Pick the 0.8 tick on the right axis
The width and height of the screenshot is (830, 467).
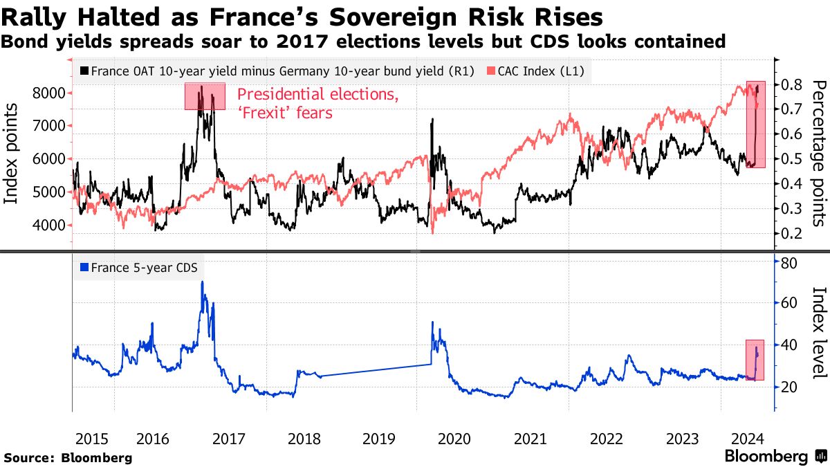tap(791, 84)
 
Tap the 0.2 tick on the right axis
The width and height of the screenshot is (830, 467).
tap(791, 234)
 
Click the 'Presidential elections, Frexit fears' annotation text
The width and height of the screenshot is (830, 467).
tap(317, 103)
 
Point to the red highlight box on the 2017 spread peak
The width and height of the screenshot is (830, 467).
tap(205, 96)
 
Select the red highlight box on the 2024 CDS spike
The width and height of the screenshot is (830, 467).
tap(755, 359)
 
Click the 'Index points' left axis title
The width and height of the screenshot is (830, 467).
tap(12, 154)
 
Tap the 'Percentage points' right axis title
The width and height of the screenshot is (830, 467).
tap(819, 153)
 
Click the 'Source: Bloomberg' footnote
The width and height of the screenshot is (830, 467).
tap(68, 457)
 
